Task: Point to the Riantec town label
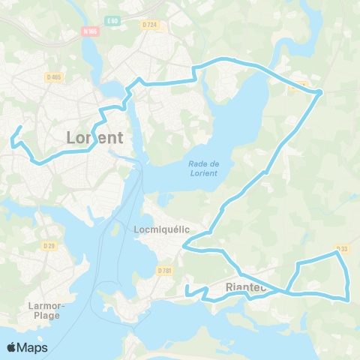[244, 287]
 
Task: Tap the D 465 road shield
[53, 76]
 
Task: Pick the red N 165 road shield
[91, 31]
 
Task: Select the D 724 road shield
[150, 25]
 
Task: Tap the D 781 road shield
[165, 270]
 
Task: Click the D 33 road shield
[342, 249]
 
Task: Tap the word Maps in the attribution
[33, 347]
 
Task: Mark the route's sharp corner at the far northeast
[320, 92]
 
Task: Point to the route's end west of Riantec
[187, 286]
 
